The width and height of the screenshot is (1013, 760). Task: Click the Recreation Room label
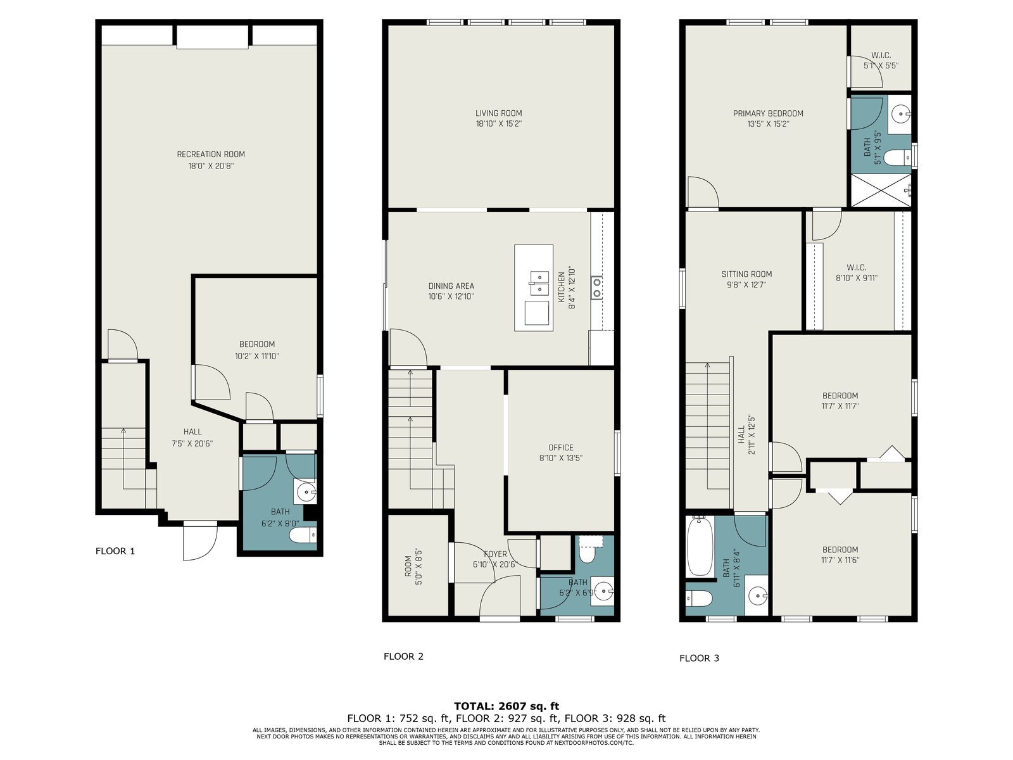coord(211,154)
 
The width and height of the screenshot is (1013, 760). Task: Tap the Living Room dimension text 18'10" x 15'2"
coord(498,123)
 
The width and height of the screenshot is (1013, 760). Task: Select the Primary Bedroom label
coord(768,113)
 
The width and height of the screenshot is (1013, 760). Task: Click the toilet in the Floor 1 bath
coord(303,535)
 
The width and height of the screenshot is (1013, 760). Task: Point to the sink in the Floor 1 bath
coord(306,493)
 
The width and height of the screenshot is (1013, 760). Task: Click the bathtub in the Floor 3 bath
coord(700,547)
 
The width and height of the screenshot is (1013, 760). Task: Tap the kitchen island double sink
coord(539,283)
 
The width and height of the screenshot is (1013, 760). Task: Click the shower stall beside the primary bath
coord(881,190)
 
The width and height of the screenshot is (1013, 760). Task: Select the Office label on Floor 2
coord(561,447)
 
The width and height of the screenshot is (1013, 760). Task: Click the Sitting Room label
coord(746,274)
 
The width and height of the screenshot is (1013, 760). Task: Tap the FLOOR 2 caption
coord(403,656)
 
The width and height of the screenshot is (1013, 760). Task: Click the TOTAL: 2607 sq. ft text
coord(507,706)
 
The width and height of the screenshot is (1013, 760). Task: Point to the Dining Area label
coord(451,286)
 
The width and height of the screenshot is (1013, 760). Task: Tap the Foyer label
coord(495,554)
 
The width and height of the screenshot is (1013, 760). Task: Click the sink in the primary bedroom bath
coord(901,114)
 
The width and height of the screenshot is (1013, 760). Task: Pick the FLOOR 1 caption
coord(115,551)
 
